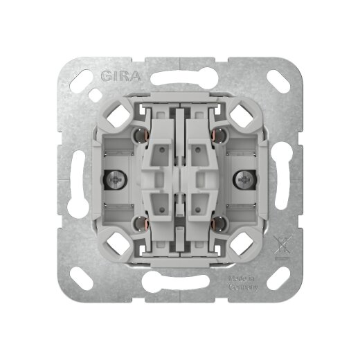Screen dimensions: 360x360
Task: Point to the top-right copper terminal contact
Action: click(218, 134)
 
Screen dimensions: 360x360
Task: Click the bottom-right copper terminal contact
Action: click(218, 224)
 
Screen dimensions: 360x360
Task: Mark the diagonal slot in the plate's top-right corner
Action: click(280, 79)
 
